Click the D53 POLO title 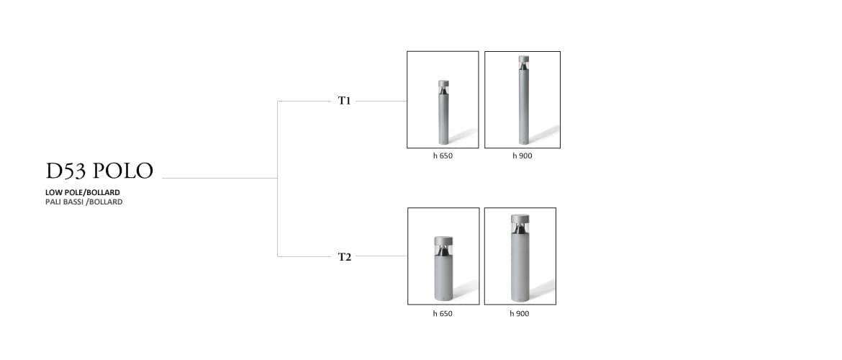coord(99,171)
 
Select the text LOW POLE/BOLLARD coord(82,192)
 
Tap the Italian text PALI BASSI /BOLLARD coord(83,202)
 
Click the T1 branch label coord(345,101)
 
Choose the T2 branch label coord(345,256)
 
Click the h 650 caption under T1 coord(443,156)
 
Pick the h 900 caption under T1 coord(522,156)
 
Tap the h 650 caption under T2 coord(443,313)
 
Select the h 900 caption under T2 coord(520,313)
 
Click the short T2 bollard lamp coord(443,270)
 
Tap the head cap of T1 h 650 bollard coord(443,83)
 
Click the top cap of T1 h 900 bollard coord(523,59)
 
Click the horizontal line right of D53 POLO coord(219,178)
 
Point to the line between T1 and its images coord(381,102)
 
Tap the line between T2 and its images coord(381,256)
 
